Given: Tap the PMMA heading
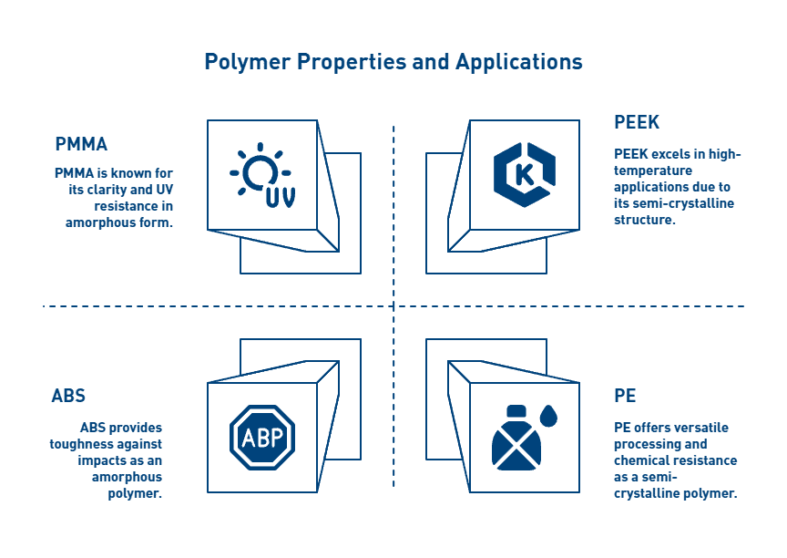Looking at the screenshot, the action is pyautogui.click(x=81, y=144).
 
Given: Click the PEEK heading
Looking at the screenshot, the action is pyautogui.click(x=637, y=122).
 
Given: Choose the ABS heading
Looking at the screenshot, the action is pyautogui.click(x=68, y=396).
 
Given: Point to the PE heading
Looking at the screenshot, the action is pyautogui.click(x=625, y=396).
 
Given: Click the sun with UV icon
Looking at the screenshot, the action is pyautogui.click(x=262, y=175).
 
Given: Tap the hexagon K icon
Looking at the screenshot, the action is pyautogui.click(x=525, y=175).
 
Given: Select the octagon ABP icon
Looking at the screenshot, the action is pyautogui.click(x=262, y=438).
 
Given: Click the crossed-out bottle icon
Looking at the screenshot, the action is pyautogui.click(x=516, y=438).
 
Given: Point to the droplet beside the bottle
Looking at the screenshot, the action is pyautogui.click(x=548, y=416).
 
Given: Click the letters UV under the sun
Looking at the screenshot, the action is pyautogui.click(x=281, y=197).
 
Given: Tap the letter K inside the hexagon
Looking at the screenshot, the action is pyautogui.click(x=525, y=175).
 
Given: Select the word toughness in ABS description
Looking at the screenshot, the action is pyautogui.click(x=79, y=444).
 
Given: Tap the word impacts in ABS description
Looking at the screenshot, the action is pyautogui.click(x=97, y=460).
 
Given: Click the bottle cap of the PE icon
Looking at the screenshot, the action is pyautogui.click(x=516, y=411).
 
